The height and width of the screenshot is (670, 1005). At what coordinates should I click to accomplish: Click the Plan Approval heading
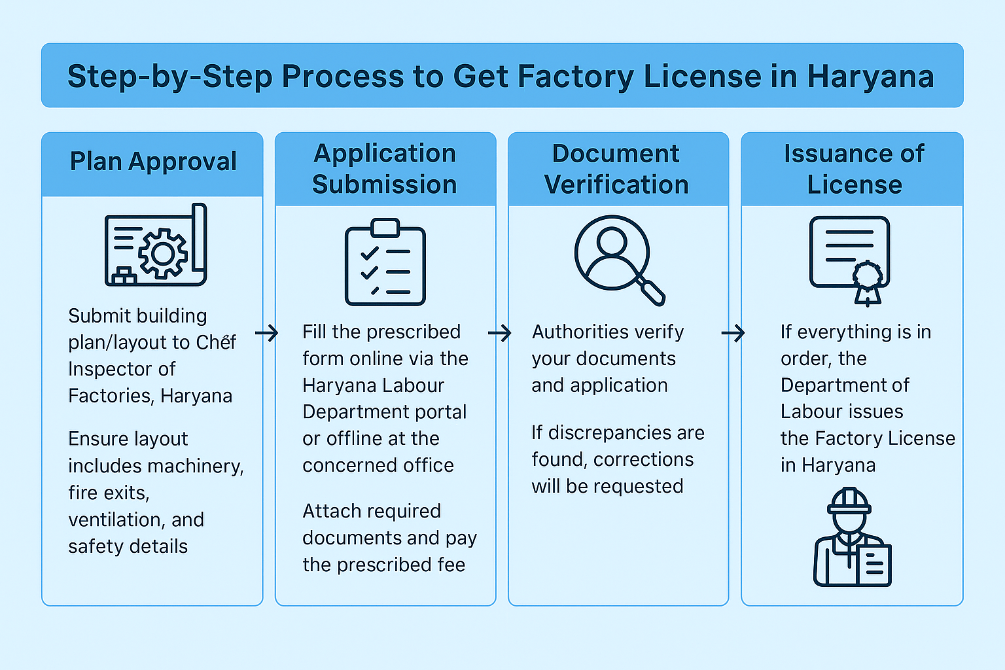click(x=153, y=162)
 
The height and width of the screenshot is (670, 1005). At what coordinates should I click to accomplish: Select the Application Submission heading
click(x=385, y=169)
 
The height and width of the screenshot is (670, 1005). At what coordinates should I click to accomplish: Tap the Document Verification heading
click(x=616, y=169)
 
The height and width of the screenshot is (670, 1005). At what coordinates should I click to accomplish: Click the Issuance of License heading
click(x=854, y=169)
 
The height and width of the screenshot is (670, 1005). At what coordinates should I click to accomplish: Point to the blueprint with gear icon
click(x=156, y=245)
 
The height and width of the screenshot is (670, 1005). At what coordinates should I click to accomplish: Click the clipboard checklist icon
click(x=385, y=262)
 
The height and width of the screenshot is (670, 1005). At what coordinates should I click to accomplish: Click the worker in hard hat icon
click(x=852, y=537)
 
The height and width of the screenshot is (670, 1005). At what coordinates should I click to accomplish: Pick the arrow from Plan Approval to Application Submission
click(x=266, y=334)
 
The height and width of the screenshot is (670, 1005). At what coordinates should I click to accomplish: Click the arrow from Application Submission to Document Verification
click(x=499, y=334)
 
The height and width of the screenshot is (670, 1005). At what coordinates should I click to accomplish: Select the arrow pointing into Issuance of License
click(x=733, y=334)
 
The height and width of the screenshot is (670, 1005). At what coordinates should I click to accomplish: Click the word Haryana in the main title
click(x=870, y=77)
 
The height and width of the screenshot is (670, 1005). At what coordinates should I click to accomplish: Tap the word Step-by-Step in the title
click(x=169, y=77)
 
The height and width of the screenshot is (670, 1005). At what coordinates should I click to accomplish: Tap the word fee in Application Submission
click(x=451, y=565)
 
